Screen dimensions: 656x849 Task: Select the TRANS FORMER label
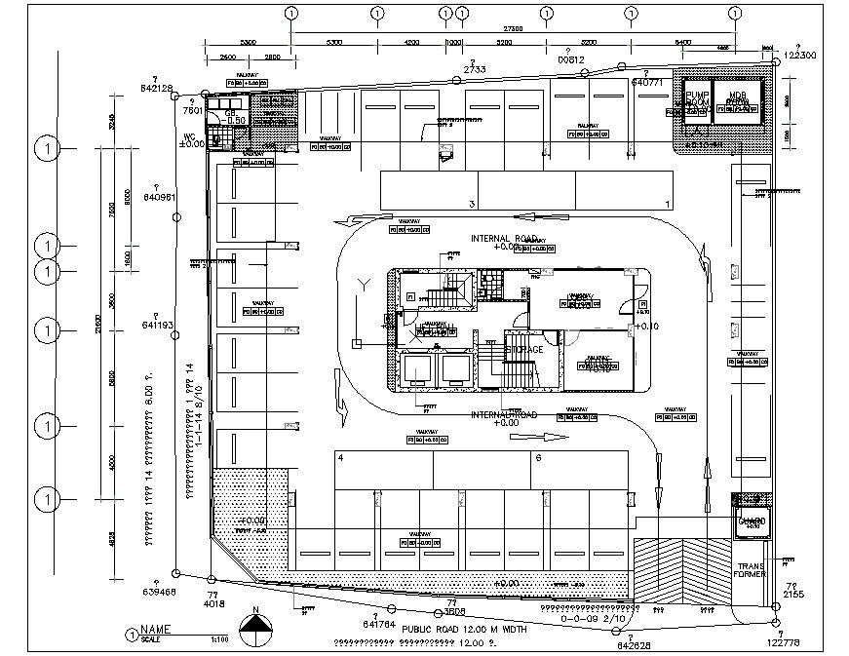coord(752,572)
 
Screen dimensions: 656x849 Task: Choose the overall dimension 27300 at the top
coord(515,28)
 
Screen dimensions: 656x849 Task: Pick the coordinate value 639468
coord(158,592)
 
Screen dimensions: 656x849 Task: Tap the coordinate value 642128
coord(156,88)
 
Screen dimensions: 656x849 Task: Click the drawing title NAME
coord(156,630)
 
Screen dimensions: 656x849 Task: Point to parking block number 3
coord(472,204)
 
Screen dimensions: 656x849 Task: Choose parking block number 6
coord(537,456)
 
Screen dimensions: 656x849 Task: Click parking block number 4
coord(340,456)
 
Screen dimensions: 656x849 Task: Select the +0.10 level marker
coord(650,327)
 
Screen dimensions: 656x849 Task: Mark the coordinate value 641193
coord(158,325)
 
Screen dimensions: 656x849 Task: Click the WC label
coord(190,135)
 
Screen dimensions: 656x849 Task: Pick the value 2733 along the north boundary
coord(475,70)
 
